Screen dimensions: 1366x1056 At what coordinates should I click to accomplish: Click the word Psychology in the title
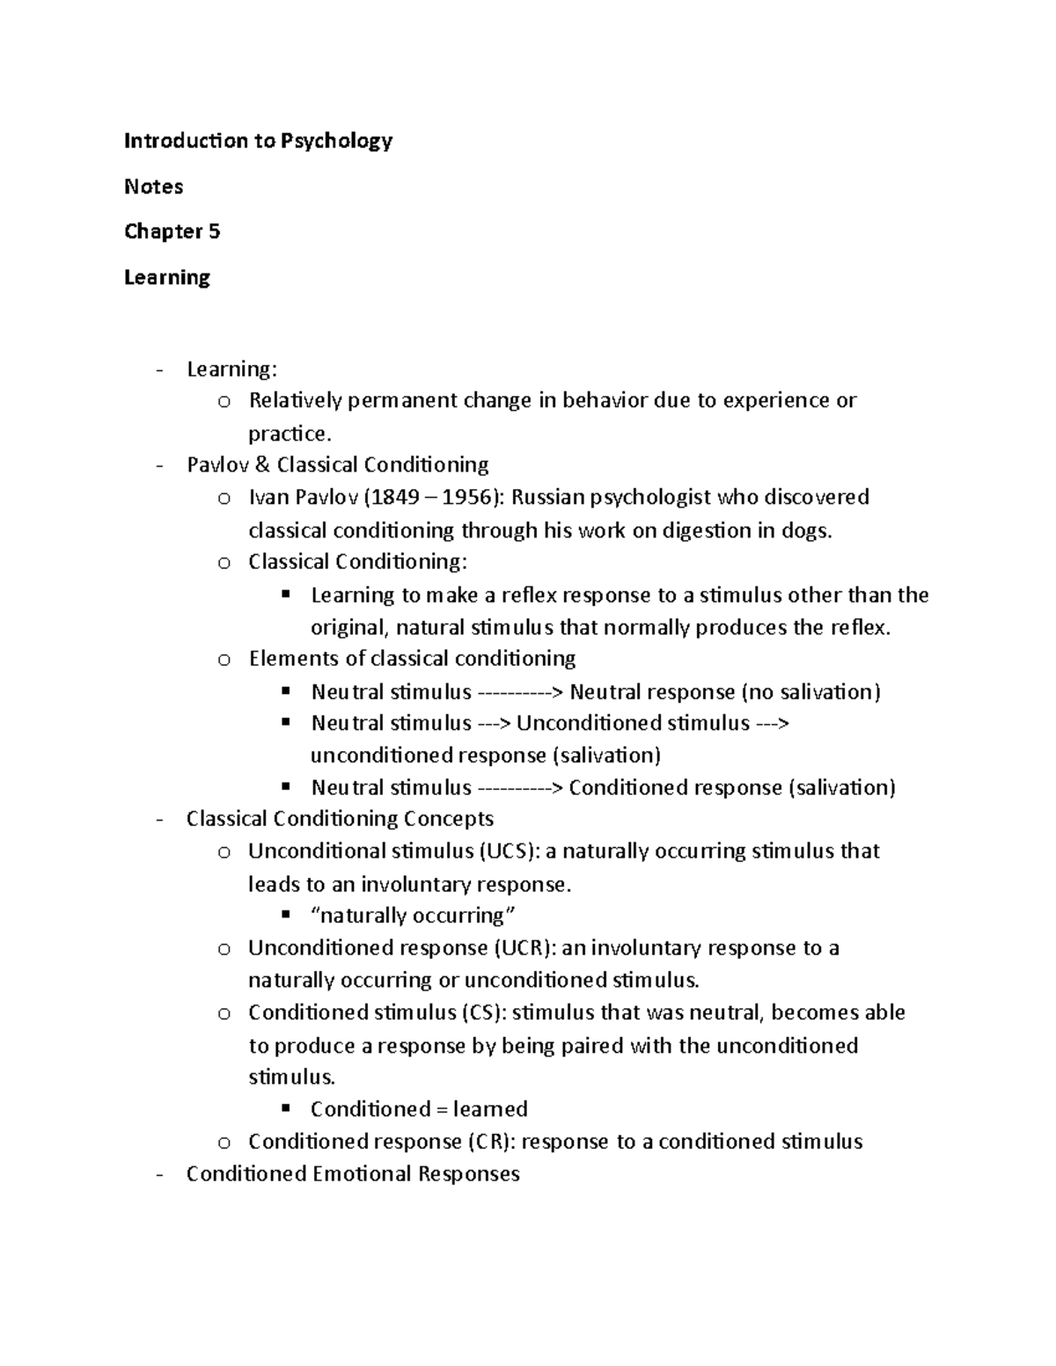[x=336, y=142]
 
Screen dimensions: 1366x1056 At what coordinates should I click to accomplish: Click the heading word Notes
[x=153, y=186]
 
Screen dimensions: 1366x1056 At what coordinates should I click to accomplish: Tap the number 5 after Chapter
[x=214, y=231]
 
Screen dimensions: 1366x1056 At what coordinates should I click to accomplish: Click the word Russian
[x=547, y=498]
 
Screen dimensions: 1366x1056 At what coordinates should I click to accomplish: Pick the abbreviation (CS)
[x=484, y=1012]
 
